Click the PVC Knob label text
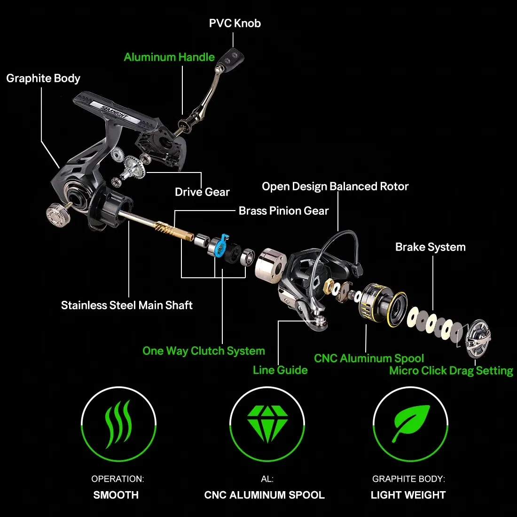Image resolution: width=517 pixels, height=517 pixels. (x=235, y=23)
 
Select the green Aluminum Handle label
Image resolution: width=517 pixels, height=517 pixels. (x=169, y=57)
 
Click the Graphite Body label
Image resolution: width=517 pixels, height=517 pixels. (x=43, y=78)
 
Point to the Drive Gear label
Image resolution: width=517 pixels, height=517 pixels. (x=202, y=192)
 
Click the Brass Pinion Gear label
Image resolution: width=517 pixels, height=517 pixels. (x=283, y=211)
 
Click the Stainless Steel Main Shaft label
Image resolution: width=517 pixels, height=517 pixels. (x=127, y=305)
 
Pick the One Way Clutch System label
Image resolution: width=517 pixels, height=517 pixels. (x=204, y=351)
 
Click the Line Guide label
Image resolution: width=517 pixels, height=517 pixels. (x=280, y=370)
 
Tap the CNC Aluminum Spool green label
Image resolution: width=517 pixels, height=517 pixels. (x=369, y=359)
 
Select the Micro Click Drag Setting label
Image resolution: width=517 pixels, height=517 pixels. (x=451, y=371)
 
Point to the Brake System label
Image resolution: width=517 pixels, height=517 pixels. (x=430, y=247)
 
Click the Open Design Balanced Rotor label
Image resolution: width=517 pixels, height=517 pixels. (x=335, y=187)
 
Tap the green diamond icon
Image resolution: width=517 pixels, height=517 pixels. (x=267, y=423)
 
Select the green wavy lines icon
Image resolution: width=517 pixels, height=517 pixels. (x=118, y=423)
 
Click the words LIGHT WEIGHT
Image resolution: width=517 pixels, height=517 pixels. (x=408, y=495)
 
